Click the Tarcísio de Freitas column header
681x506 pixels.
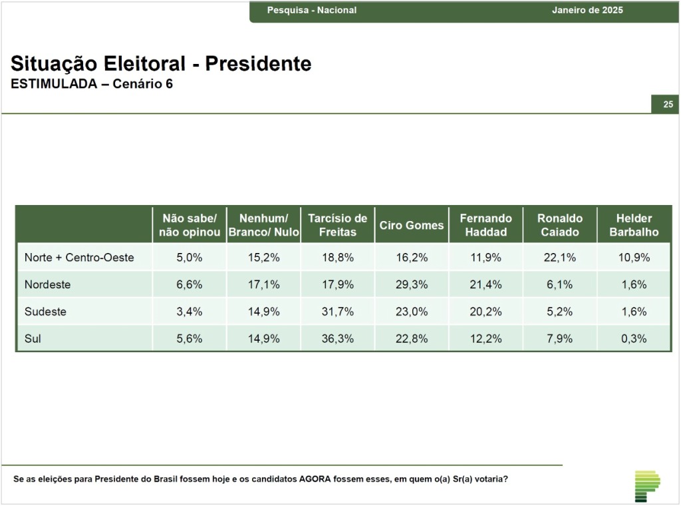pos(337,225)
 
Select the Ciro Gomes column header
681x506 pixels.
pos(411,225)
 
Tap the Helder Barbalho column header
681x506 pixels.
pos(634,225)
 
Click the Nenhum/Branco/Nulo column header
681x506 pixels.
pos(263,225)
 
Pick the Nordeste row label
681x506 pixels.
pos(47,284)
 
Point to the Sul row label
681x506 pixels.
pos(33,338)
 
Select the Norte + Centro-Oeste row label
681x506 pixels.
pos(79,258)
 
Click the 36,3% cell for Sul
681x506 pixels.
pos(337,338)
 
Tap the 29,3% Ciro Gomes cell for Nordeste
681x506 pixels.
pos(411,284)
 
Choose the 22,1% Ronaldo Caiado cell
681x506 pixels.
pos(560,258)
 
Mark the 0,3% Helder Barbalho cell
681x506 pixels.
pos(634,338)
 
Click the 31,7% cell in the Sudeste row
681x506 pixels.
pos(337,311)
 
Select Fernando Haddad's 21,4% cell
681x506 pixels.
pos(485,284)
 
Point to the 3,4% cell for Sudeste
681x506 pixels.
pos(190,311)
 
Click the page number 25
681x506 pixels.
pos(668,105)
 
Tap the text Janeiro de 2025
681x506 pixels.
pos(587,10)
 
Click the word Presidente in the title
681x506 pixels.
pos(259,63)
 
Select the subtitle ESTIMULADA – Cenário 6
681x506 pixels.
pos(92,83)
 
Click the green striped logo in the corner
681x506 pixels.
pos(647,486)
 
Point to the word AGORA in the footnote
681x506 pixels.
pos(315,479)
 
